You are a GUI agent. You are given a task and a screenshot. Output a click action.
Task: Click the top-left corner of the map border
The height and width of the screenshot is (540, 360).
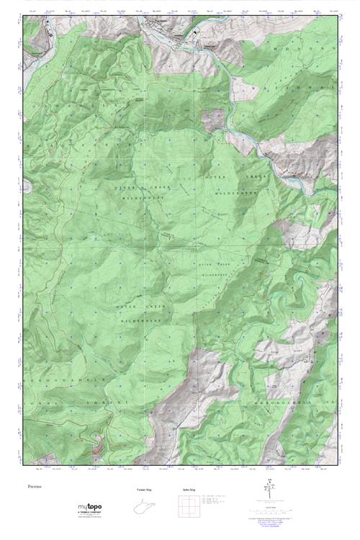pyautogui.click(x=23, y=16)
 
